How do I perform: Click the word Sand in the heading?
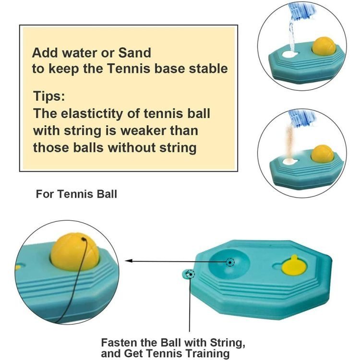tap(134, 53)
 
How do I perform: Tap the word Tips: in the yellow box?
tap(49, 96)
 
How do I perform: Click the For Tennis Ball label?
tap(76, 194)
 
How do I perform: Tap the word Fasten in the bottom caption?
tap(119, 343)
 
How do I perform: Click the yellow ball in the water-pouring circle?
tap(324, 46)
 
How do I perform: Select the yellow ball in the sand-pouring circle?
tap(323, 154)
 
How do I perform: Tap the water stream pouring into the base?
tap(291, 35)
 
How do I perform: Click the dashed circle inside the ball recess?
tap(230, 262)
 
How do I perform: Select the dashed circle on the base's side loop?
tap(191, 274)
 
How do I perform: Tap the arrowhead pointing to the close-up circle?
tap(129, 261)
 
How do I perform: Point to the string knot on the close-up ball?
tap(84, 239)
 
